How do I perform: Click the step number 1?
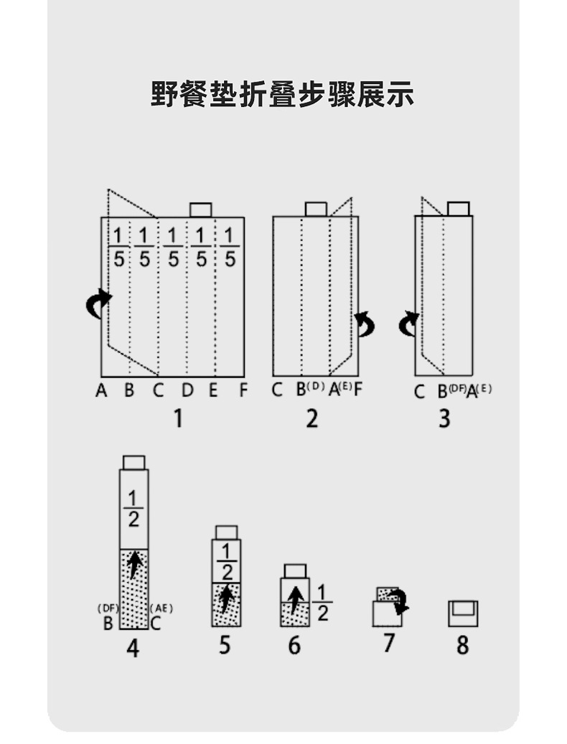click(177, 417)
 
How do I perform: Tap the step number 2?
click(311, 417)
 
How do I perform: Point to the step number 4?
click(133, 648)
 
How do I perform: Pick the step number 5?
click(225, 645)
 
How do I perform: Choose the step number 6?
click(294, 645)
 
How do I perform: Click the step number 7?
click(388, 643)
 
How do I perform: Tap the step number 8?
click(462, 644)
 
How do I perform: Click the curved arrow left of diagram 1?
click(98, 303)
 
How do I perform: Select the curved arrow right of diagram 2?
click(366, 324)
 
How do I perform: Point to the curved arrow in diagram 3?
click(408, 324)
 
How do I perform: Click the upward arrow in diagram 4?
click(134, 565)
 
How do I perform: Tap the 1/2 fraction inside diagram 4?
click(133, 509)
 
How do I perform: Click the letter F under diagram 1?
click(243, 391)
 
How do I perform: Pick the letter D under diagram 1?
click(187, 391)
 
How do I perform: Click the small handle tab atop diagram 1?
click(200, 209)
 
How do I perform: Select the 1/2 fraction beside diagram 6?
click(322, 603)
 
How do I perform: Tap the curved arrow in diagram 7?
click(398, 601)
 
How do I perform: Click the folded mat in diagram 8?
click(463, 613)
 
